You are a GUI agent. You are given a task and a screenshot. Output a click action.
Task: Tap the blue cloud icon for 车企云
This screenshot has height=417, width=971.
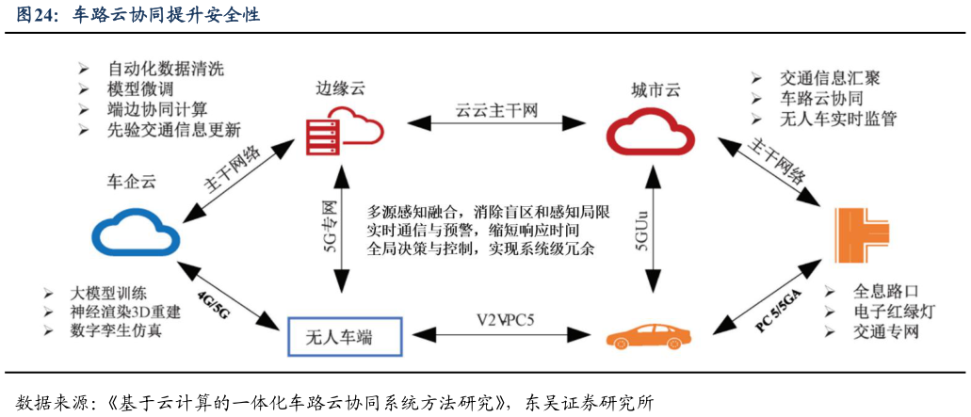click(137, 232)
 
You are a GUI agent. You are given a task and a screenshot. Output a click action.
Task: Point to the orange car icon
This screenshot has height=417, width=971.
click(649, 337)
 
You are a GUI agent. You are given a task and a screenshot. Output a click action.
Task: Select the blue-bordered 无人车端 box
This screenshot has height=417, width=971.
click(345, 337)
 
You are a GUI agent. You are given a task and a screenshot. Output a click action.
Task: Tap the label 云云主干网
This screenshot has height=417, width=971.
click(495, 111)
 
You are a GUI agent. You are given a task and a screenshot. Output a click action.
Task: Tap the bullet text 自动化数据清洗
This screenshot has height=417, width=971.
click(165, 69)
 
